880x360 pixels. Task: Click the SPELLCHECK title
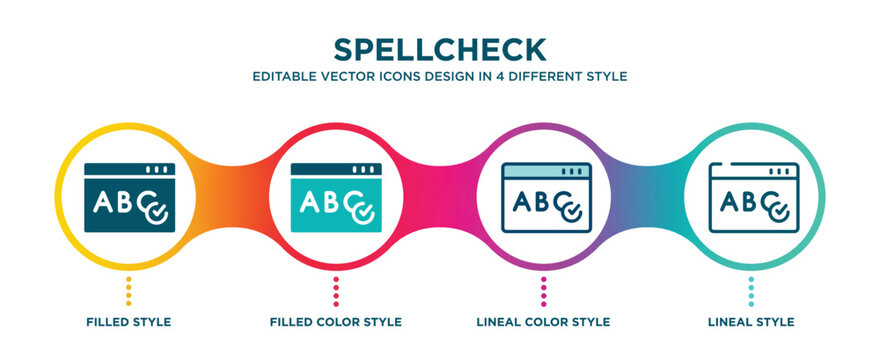click(440, 50)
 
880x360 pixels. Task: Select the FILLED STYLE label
click(129, 322)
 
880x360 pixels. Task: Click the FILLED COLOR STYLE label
click(336, 322)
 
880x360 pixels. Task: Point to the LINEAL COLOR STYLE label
click(543, 322)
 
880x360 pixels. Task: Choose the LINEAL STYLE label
click(751, 322)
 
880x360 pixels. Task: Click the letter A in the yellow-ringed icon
click(103, 202)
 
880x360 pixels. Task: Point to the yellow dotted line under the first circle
click(129, 291)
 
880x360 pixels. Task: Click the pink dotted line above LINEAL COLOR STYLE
click(543, 291)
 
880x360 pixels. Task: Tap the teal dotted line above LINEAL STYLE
click(751, 291)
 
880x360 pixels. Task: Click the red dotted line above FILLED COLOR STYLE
click(336, 291)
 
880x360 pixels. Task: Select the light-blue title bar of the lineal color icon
click(546, 171)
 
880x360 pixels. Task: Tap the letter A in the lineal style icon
click(729, 201)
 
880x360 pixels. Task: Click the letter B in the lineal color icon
click(542, 202)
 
